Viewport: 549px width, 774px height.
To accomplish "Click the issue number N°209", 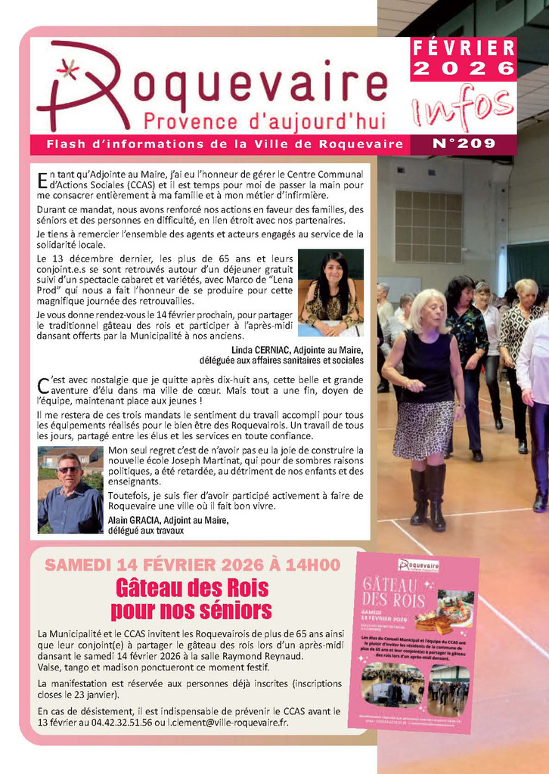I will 464,144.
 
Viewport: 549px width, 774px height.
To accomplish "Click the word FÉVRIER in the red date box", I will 464,48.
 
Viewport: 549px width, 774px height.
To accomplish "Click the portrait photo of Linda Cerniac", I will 330,293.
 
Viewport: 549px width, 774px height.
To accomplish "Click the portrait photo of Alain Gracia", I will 70,491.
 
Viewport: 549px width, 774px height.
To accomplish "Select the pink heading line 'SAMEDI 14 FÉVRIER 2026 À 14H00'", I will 192,565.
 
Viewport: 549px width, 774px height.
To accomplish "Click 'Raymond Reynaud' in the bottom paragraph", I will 263,656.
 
